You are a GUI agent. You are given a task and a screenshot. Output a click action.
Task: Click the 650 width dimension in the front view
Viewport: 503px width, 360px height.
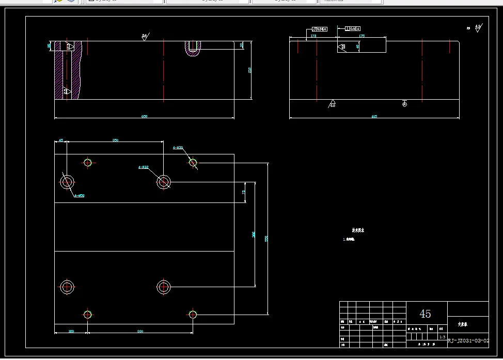(x=144, y=116)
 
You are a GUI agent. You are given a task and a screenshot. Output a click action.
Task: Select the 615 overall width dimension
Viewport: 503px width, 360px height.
(x=374, y=116)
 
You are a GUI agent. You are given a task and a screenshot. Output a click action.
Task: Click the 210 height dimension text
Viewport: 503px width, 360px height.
(x=249, y=70)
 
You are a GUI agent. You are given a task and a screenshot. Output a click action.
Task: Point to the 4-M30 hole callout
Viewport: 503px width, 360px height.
(x=178, y=147)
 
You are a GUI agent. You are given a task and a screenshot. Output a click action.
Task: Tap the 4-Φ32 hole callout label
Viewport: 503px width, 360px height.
(x=143, y=167)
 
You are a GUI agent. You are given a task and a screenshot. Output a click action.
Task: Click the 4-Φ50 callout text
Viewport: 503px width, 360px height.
(x=79, y=196)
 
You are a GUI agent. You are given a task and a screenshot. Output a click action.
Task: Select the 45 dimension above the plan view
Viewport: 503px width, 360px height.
(x=60, y=140)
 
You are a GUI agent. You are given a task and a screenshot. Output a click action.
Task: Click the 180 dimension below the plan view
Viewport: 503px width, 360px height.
(x=71, y=331)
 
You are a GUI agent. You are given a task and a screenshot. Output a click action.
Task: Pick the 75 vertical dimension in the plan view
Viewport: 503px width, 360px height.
(x=244, y=192)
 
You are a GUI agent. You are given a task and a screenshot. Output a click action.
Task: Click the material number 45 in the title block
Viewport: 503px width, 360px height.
(x=425, y=314)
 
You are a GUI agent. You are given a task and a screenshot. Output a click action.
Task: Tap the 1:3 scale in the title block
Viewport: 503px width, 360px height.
(x=442, y=337)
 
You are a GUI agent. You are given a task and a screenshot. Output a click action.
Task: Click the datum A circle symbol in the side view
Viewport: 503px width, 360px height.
(x=404, y=104)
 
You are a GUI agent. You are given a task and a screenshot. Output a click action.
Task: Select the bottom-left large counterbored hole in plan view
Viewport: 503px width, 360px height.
(x=67, y=287)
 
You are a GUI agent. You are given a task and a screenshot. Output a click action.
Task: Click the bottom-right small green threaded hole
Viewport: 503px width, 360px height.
(x=193, y=314)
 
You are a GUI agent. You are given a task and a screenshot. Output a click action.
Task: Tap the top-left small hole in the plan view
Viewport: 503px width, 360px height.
(x=87, y=163)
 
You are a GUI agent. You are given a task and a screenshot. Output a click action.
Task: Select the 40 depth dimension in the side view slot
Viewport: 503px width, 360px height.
(x=358, y=46)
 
